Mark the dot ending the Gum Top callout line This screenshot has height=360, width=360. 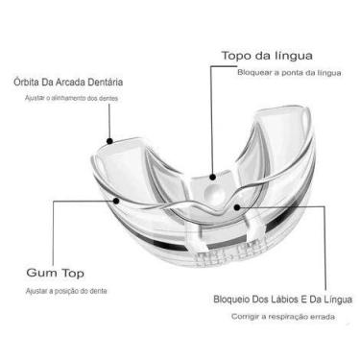[118, 201]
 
